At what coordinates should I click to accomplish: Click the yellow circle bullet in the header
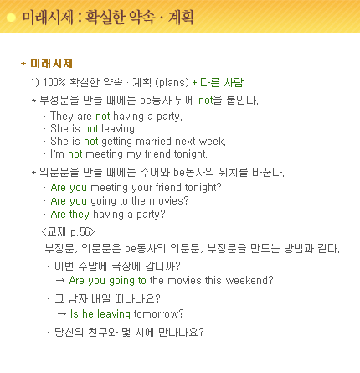point(11,18)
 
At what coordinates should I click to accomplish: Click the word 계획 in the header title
point(181,18)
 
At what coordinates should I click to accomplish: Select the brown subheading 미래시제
point(51,64)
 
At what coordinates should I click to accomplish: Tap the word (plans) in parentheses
point(172,83)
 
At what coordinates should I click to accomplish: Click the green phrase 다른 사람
point(222,82)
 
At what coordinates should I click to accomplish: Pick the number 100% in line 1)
point(54,82)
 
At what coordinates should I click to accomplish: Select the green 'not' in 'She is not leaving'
point(91,129)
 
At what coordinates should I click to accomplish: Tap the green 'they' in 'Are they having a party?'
point(80,215)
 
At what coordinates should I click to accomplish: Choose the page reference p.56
point(80,232)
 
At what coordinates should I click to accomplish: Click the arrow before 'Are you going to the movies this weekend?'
point(60,280)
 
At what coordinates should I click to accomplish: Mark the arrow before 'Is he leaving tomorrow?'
point(62,314)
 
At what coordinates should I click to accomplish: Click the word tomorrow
point(156,314)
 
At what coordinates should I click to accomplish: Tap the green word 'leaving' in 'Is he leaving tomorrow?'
point(114,314)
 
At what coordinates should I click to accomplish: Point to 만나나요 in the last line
point(178,332)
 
